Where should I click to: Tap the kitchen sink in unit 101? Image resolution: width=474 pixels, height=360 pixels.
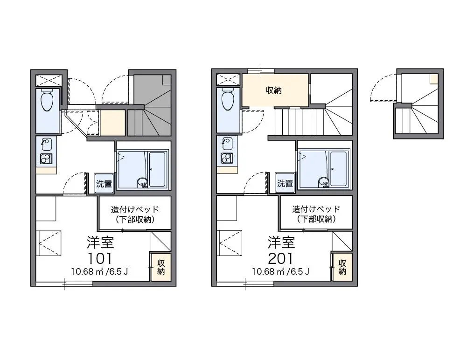point(46,144)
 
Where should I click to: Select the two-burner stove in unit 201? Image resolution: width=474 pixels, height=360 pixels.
point(227,158)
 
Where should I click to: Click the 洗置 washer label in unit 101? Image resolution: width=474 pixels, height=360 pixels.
point(104,183)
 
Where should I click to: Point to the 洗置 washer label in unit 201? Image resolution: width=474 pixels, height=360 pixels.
point(285,183)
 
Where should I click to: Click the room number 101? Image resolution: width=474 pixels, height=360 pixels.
point(100,258)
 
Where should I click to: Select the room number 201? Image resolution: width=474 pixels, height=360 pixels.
point(280,258)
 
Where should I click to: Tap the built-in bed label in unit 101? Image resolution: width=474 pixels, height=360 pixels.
point(135,214)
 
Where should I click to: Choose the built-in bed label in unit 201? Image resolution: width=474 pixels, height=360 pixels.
point(316,214)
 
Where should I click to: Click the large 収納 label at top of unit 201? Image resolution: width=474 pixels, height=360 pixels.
point(273,90)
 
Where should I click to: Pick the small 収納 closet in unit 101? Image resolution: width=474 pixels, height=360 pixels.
point(161,267)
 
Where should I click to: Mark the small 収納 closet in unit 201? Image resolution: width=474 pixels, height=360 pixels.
point(342,267)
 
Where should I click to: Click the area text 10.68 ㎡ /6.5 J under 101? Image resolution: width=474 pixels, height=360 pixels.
point(99,271)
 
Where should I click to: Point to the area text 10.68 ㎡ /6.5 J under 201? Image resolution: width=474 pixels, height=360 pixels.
point(280,271)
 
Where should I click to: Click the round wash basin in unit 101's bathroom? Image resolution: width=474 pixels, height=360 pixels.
point(142,182)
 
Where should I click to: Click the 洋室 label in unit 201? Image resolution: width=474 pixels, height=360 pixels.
point(281,242)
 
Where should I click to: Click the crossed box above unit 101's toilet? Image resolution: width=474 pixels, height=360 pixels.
point(49,81)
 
